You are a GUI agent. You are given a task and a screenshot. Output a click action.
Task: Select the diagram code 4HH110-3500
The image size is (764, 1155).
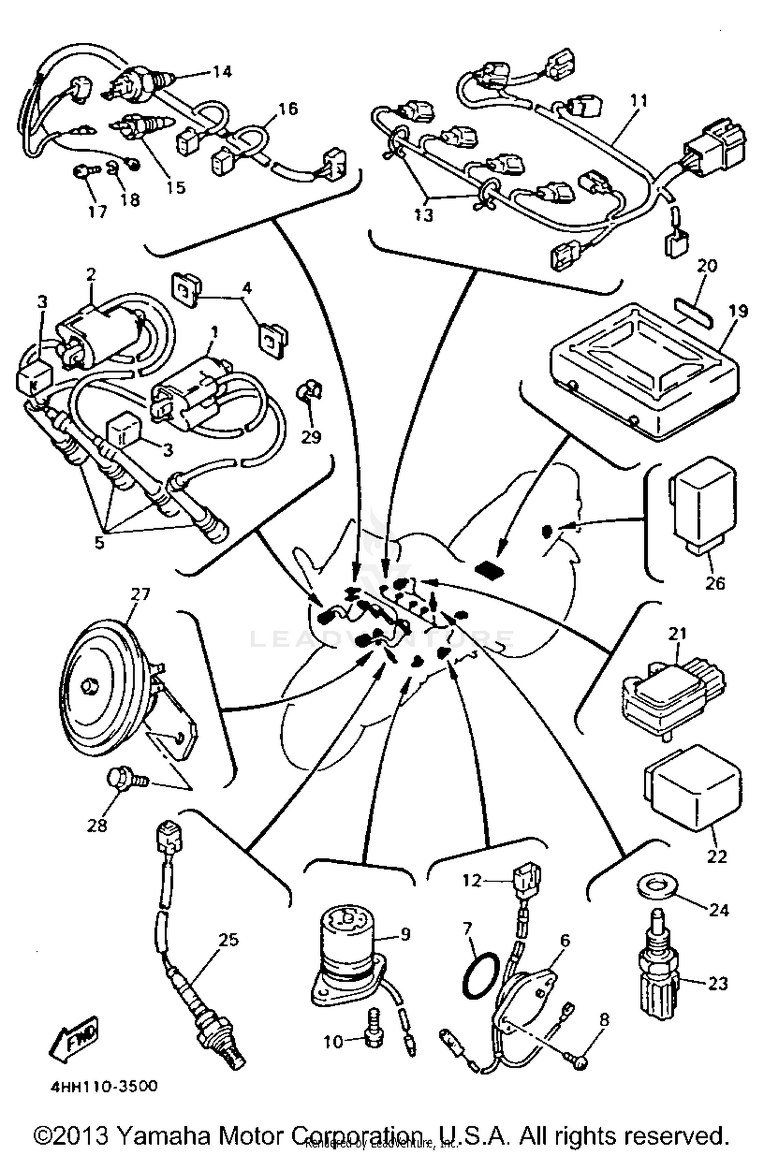[x=104, y=1086]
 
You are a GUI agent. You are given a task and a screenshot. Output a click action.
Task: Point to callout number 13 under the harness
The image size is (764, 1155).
[x=423, y=215]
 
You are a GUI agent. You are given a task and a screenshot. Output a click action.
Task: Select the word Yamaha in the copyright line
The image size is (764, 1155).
[x=157, y=1135]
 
